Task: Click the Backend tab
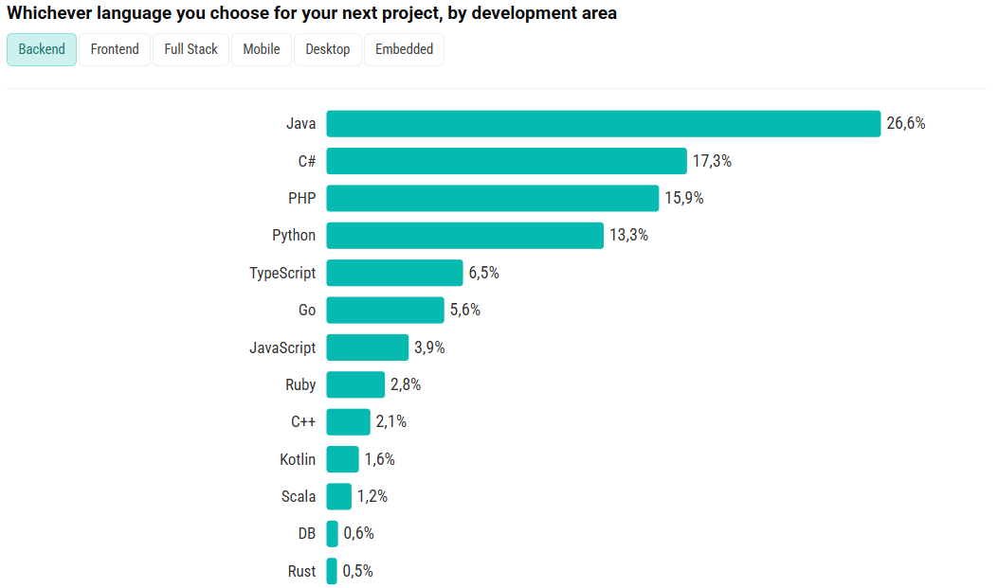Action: pos(42,49)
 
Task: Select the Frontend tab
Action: pos(115,49)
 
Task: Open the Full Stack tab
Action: pos(191,49)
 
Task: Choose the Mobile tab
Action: pos(262,49)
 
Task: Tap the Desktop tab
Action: pos(328,49)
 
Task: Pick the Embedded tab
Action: pos(404,49)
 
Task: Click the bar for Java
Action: pos(603,124)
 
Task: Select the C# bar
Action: pos(506,161)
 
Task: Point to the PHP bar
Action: pos(492,199)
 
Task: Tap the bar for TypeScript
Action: pos(394,273)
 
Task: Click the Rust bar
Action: pos(332,571)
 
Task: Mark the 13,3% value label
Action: pos(628,236)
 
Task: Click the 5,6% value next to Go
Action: pos(465,311)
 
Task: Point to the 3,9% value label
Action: pos(429,347)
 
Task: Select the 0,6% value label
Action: pos(359,534)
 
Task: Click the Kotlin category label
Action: pos(298,459)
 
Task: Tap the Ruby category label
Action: pos(300,384)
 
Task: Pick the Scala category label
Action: pos(299,496)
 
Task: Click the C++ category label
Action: pos(303,422)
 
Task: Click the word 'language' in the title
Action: pos(136,13)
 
